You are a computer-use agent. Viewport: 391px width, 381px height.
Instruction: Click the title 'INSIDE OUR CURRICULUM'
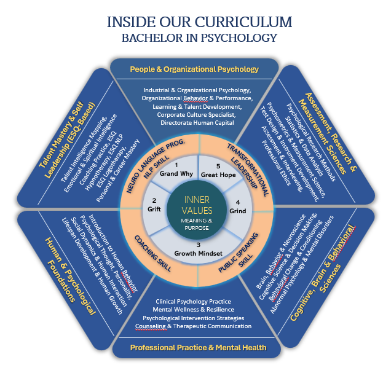click(195, 22)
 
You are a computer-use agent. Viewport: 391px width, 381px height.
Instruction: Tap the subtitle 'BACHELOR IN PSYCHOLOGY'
click(195, 38)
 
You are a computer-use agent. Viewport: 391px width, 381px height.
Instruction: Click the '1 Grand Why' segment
click(176, 170)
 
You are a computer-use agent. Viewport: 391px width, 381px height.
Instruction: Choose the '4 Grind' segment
click(236, 206)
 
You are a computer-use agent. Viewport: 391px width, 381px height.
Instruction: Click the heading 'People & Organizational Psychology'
click(194, 69)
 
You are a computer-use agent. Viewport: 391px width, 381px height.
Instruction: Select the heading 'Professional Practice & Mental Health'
click(198, 348)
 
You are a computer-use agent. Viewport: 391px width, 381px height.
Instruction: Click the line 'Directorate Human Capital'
click(194, 123)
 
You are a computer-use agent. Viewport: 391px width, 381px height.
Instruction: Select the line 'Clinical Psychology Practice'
click(195, 302)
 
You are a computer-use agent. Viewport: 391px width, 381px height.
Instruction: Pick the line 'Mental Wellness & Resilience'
click(195, 310)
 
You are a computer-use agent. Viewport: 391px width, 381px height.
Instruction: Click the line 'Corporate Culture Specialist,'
click(194, 114)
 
